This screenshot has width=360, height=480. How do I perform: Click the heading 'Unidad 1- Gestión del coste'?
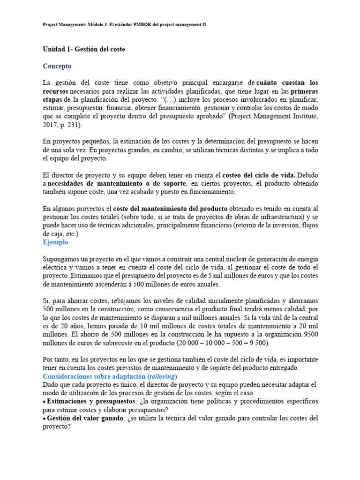point(84,49)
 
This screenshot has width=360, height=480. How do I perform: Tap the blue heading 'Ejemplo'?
point(55,242)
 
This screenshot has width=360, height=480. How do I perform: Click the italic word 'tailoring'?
point(160,376)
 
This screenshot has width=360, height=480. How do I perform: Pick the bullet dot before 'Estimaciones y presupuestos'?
point(44,402)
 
